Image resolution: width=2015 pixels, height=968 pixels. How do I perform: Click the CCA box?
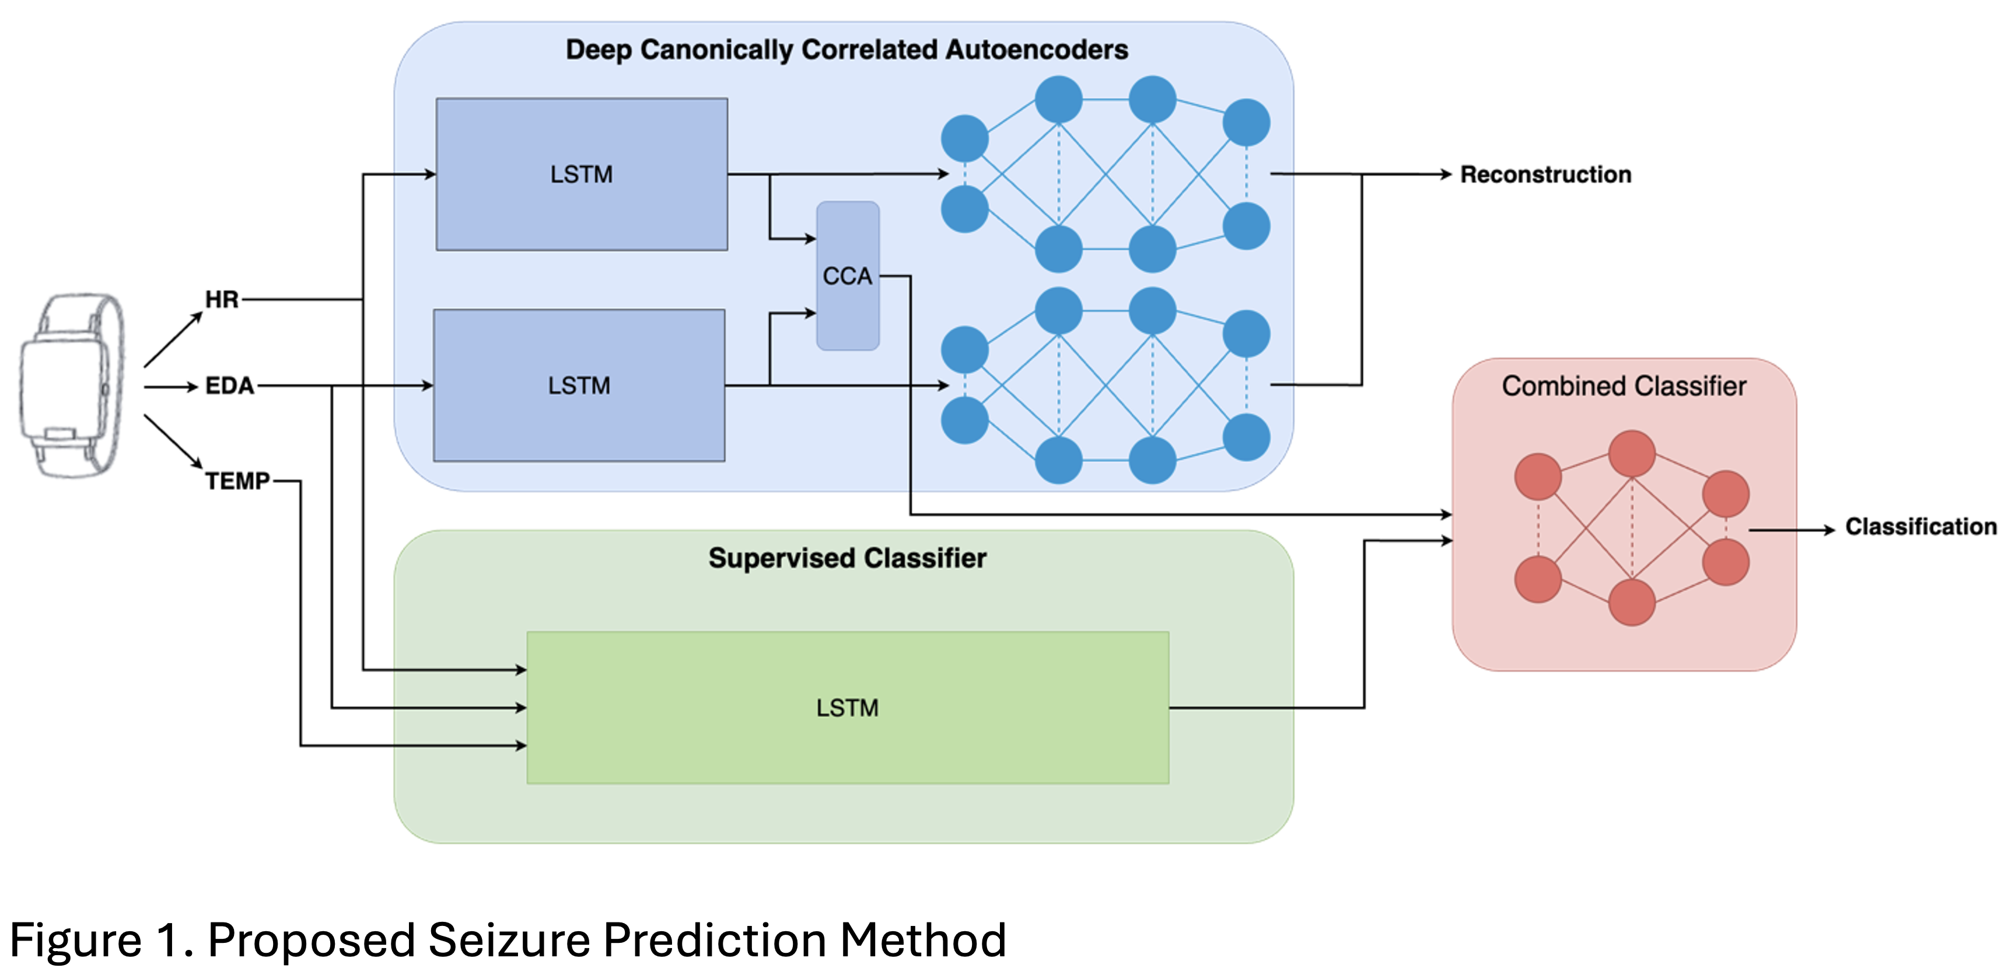pyautogui.click(x=847, y=276)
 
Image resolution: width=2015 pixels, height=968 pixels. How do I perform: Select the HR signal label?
pyautogui.click(x=221, y=299)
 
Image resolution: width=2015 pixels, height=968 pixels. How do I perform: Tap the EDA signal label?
pyautogui.click(x=229, y=386)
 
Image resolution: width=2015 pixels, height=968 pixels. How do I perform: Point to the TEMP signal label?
pyautogui.click(x=237, y=480)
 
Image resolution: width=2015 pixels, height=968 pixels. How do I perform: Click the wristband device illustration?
pyautogui.click(x=72, y=385)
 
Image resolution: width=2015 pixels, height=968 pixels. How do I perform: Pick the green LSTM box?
pyautogui.click(x=847, y=708)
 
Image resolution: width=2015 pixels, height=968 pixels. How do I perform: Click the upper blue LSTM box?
pyautogui.click(x=581, y=174)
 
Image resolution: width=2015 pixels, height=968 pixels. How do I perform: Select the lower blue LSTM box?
pyautogui.click(x=579, y=385)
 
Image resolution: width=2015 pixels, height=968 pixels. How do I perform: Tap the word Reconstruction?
pyautogui.click(x=1545, y=174)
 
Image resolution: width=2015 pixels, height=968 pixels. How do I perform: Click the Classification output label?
pyautogui.click(x=1920, y=527)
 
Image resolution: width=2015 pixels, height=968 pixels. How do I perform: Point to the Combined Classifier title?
pyautogui.click(x=1624, y=386)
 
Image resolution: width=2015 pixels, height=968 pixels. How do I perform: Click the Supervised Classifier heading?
pyautogui.click(x=847, y=558)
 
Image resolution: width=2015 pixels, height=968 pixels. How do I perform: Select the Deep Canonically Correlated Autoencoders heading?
pyautogui.click(x=846, y=49)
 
